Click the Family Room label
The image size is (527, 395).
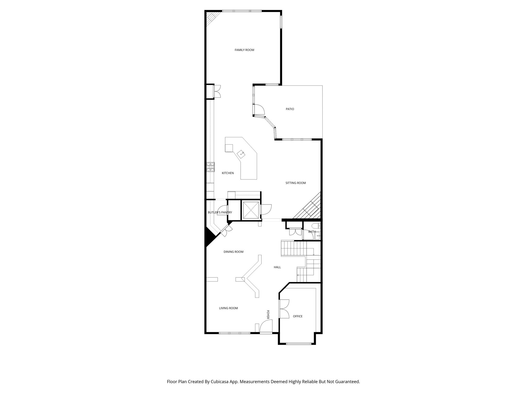[x=244, y=50]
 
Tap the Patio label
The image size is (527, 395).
[x=290, y=109]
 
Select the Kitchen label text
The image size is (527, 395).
[x=228, y=173]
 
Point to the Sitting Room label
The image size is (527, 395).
[x=295, y=183]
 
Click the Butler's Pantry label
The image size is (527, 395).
[x=220, y=212]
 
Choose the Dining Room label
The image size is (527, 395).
[x=233, y=252]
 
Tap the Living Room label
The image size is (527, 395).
[x=228, y=308]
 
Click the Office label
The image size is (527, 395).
[x=298, y=316]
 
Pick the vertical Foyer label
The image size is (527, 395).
[x=268, y=315]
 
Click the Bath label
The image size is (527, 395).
[x=312, y=232]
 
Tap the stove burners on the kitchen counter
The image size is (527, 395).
[x=210, y=167]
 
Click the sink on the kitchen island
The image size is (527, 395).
[x=241, y=154]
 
